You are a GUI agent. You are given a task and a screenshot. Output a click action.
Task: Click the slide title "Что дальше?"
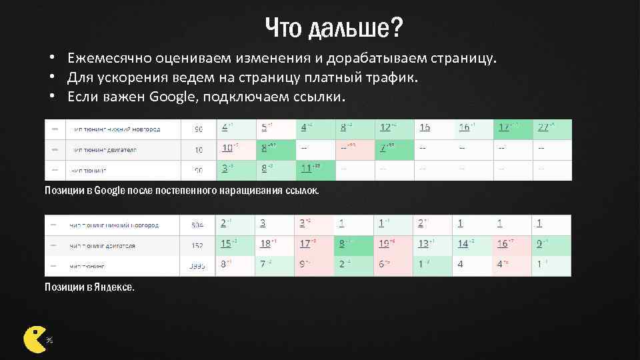coord(334,28)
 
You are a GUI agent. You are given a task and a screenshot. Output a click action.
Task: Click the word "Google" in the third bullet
coord(171,97)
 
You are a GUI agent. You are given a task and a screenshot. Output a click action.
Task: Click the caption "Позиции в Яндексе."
coord(89,287)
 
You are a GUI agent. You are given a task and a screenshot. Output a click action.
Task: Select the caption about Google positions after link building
coord(181,191)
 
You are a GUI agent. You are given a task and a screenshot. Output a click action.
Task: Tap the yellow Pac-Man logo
coord(34,339)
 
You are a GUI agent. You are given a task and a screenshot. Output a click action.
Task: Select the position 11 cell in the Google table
coord(306,168)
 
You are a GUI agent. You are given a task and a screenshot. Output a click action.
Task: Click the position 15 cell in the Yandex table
coord(226,244)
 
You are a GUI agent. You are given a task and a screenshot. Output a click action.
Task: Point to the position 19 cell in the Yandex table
coord(385,244)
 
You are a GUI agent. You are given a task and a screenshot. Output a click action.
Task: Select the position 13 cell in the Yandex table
coord(423,244)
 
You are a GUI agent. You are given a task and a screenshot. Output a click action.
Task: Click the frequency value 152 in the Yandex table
coord(197,245)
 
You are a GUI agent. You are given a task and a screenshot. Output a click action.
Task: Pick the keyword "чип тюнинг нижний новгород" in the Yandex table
coord(114,225)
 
